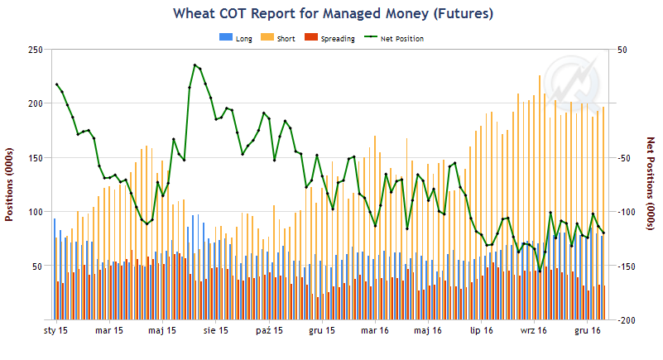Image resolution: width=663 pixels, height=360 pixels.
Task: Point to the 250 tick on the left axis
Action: point(35,50)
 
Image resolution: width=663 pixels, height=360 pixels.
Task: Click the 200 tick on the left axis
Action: point(35,103)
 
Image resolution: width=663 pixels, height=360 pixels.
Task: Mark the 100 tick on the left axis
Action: point(35,212)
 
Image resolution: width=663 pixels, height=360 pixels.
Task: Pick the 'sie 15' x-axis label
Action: point(215,331)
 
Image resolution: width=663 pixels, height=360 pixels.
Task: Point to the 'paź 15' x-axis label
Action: point(269,331)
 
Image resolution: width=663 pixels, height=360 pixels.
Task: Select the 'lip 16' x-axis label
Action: point(481,331)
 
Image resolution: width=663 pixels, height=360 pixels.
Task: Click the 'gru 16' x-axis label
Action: point(587,331)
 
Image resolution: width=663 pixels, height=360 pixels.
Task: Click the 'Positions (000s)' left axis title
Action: point(10,185)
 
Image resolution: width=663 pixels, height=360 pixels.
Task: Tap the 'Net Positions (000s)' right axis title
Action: point(651,185)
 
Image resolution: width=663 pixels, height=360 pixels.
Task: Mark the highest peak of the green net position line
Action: point(195,65)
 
